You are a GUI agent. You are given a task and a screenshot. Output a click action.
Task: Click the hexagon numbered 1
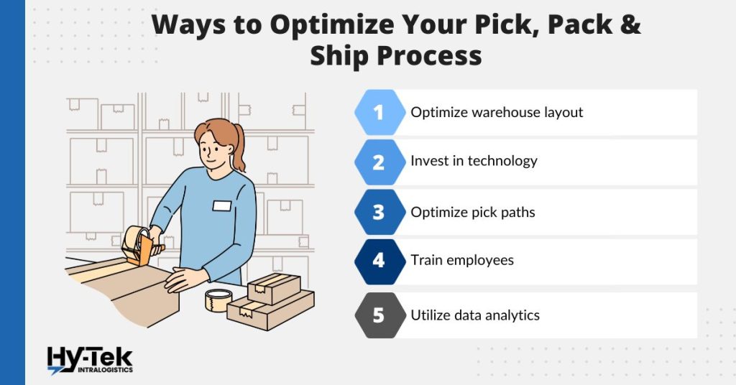tap(379, 113)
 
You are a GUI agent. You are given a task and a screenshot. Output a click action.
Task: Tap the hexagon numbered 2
tap(379, 162)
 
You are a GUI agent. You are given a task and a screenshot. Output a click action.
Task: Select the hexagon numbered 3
tap(379, 213)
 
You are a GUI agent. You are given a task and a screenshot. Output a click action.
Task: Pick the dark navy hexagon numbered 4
tap(379, 261)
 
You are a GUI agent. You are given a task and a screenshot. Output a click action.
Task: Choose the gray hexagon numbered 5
tap(379, 315)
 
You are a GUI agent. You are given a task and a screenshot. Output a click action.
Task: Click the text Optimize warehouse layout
tap(497, 113)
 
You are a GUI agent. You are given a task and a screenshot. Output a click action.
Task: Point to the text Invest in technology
tap(474, 161)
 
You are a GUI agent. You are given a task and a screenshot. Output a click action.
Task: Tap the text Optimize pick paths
tap(473, 213)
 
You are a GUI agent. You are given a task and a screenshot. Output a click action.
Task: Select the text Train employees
tap(462, 260)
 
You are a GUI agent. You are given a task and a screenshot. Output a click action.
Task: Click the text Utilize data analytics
tap(475, 315)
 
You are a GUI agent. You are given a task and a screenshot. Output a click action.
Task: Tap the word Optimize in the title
tap(327, 25)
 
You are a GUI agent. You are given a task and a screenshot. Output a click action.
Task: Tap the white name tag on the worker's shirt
tap(222, 206)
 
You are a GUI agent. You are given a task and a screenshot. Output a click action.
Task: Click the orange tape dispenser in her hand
tap(141, 245)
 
